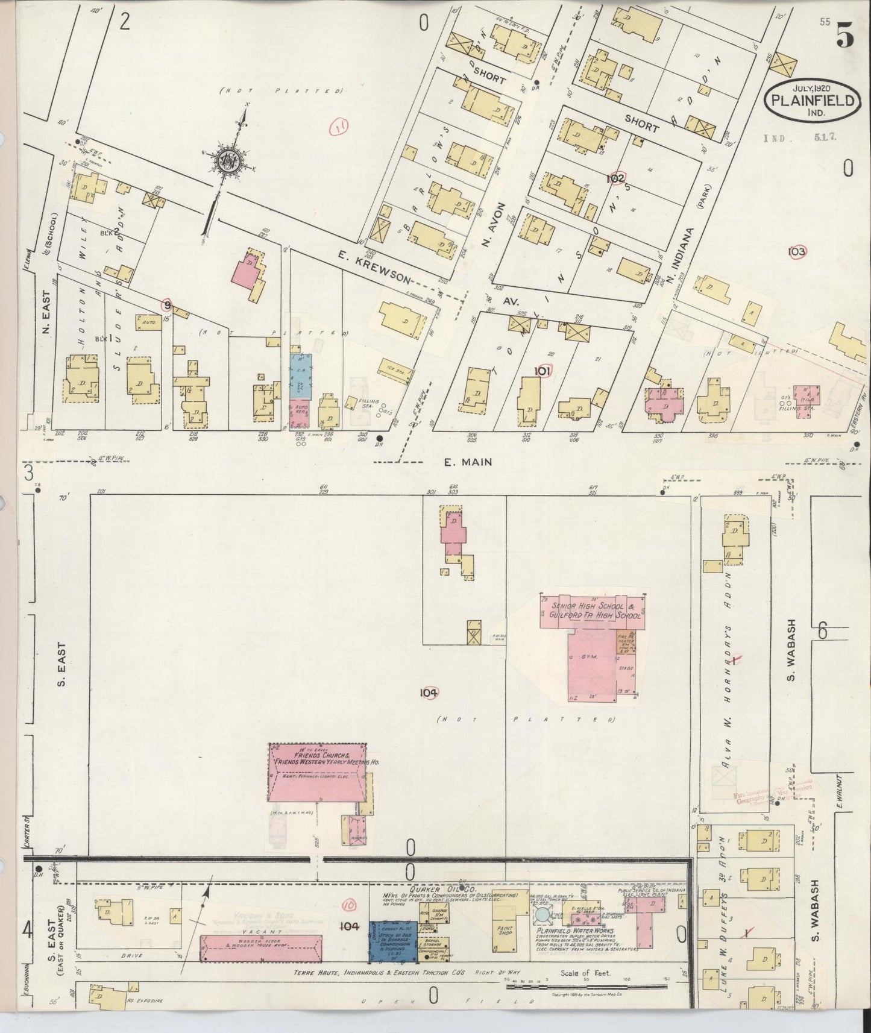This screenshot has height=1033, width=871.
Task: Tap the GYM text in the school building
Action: [589, 657]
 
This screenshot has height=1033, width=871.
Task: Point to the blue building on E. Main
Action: [300, 376]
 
